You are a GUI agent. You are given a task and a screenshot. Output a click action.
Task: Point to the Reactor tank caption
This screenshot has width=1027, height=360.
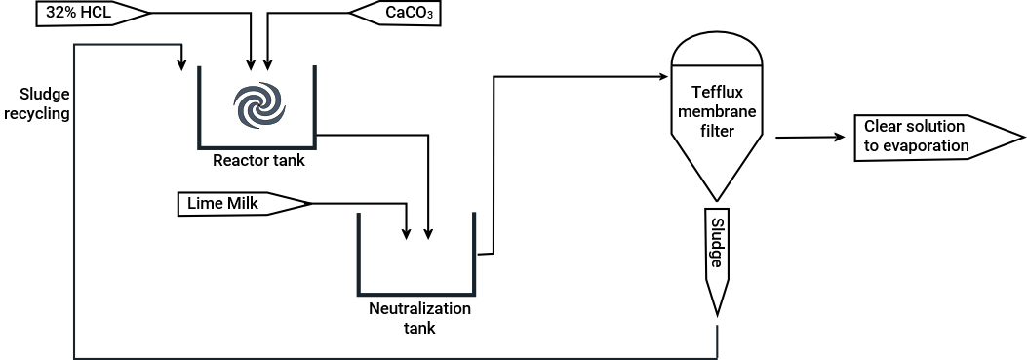(258, 160)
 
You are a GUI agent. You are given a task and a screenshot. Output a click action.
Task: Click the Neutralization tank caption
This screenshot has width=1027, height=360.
(419, 318)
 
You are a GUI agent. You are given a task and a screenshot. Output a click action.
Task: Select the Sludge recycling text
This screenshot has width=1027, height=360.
(44, 103)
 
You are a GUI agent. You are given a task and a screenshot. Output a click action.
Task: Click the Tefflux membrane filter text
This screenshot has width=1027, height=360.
(718, 112)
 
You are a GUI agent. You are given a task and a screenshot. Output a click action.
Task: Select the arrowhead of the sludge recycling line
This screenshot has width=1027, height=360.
(181, 65)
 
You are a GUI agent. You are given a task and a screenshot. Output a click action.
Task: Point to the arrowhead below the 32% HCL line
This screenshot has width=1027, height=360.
(252, 65)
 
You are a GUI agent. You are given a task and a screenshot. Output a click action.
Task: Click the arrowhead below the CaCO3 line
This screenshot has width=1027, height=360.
(268, 65)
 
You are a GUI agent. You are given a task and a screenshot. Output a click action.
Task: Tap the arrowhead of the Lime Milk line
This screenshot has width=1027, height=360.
(407, 233)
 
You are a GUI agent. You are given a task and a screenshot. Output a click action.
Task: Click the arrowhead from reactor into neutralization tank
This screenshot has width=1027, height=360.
(429, 233)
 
